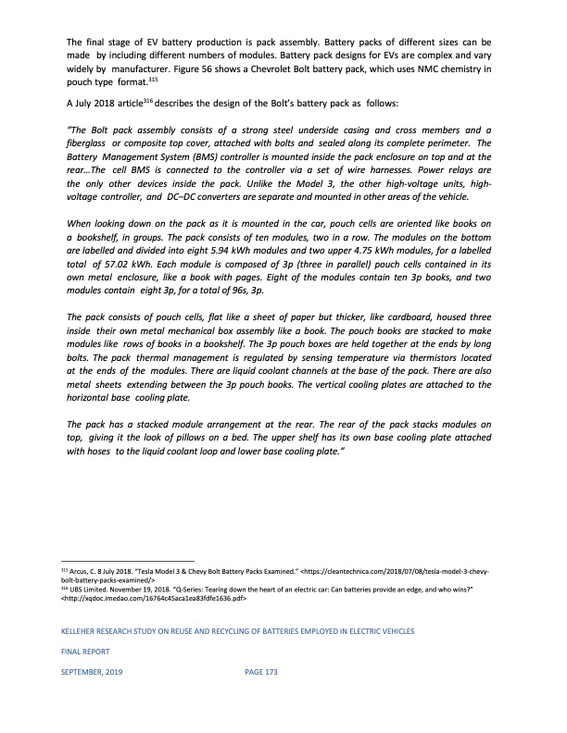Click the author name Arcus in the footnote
click(x=87, y=572)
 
